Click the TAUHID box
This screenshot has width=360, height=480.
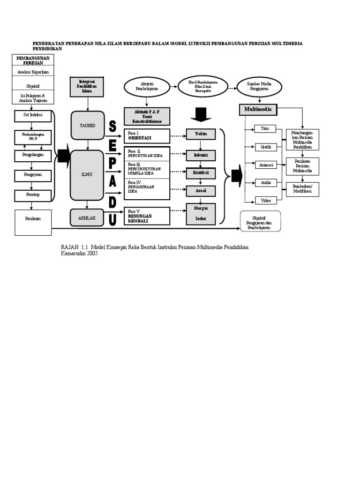click(x=87, y=126)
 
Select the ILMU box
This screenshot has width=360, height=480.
click(x=87, y=175)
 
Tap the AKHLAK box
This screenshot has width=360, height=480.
click(x=87, y=217)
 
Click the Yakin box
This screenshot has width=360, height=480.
click(x=201, y=135)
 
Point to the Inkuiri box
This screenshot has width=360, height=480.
click(x=201, y=154)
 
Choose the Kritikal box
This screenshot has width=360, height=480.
click(x=201, y=173)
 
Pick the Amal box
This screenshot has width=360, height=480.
click(x=201, y=191)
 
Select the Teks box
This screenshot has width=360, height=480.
click(x=265, y=128)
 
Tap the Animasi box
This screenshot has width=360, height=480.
click(x=265, y=165)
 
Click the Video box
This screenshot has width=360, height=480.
click(x=265, y=201)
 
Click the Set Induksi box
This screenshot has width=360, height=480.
click(x=33, y=114)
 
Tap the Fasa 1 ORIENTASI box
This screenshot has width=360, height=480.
click(x=147, y=136)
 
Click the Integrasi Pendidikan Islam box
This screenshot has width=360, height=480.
click(x=87, y=87)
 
